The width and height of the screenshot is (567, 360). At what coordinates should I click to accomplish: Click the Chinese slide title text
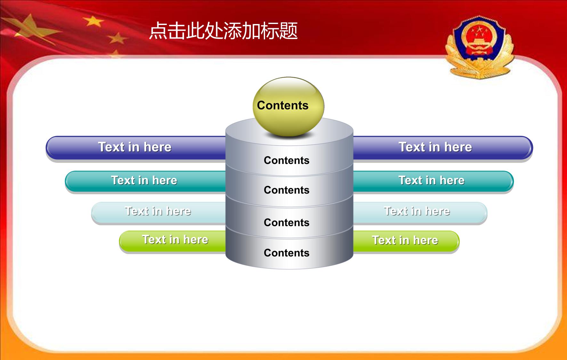pyautogui.click(x=223, y=31)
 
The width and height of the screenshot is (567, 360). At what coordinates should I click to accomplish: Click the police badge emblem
pyautogui.click(x=479, y=47)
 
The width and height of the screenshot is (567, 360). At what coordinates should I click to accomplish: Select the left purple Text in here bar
pyautogui.click(x=136, y=148)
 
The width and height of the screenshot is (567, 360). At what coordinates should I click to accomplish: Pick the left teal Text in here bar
pyautogui.click(x=146, y=181)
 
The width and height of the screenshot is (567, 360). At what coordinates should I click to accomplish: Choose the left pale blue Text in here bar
pyautogui.click(x=159, y=212)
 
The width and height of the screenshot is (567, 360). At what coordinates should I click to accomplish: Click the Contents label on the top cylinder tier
pyautogui.click(x=287, y=160)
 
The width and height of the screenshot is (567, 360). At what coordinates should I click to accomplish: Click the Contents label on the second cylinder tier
pyautogui.click(x=287, y=190)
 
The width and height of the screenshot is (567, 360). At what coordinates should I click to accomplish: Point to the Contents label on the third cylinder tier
pyautogui.click(x=287, y=223)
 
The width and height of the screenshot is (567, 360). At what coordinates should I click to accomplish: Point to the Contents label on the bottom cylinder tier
pyautogui.click(x=287, y=253)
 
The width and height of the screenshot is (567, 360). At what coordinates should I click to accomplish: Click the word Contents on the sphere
pyautogui.click(x=282, y=105)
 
